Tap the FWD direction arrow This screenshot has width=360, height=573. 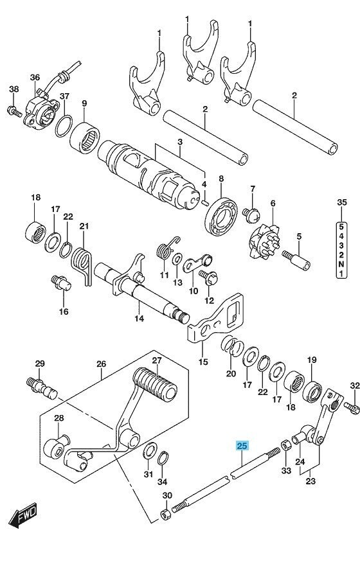pos(23,515)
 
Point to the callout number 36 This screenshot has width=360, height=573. pos(34,77)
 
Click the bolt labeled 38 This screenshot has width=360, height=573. pos(13,112)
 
